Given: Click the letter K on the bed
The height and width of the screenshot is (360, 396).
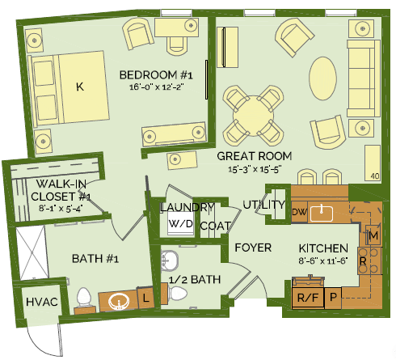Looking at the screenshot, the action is point(80,87).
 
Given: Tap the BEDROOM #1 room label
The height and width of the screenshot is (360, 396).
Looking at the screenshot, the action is point(156,75).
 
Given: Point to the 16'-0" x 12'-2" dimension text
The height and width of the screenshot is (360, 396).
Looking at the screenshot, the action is point(157,87).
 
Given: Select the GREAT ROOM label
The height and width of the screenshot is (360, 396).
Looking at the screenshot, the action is point(255,156).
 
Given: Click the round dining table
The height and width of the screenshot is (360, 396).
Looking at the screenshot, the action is point(253,116).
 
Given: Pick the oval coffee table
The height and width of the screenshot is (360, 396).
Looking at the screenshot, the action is point(322,78).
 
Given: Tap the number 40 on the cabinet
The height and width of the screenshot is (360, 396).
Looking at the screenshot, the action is point(375,176).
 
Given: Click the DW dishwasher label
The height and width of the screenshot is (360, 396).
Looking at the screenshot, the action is point(299,212).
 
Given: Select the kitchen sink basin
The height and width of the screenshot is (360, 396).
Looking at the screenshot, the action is point(322,214).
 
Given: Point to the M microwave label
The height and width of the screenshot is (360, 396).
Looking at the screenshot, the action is point(373,236).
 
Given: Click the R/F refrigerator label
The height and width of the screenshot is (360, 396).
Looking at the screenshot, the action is point(308,298).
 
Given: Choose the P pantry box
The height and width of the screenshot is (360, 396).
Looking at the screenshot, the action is point(333,298).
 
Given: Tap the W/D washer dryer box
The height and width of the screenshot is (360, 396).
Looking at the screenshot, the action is point(181,223).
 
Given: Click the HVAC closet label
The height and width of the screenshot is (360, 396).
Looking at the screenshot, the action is point(42,302).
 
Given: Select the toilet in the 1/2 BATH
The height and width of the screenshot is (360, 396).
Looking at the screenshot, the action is point(178,294).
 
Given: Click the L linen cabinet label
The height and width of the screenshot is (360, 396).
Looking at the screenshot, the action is point(145,298).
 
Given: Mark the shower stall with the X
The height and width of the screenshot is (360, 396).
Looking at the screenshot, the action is point(32,253).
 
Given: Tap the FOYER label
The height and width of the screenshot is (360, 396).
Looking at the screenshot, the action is point(253,248).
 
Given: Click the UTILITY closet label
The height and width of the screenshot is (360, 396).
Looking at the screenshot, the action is point(263,205).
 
